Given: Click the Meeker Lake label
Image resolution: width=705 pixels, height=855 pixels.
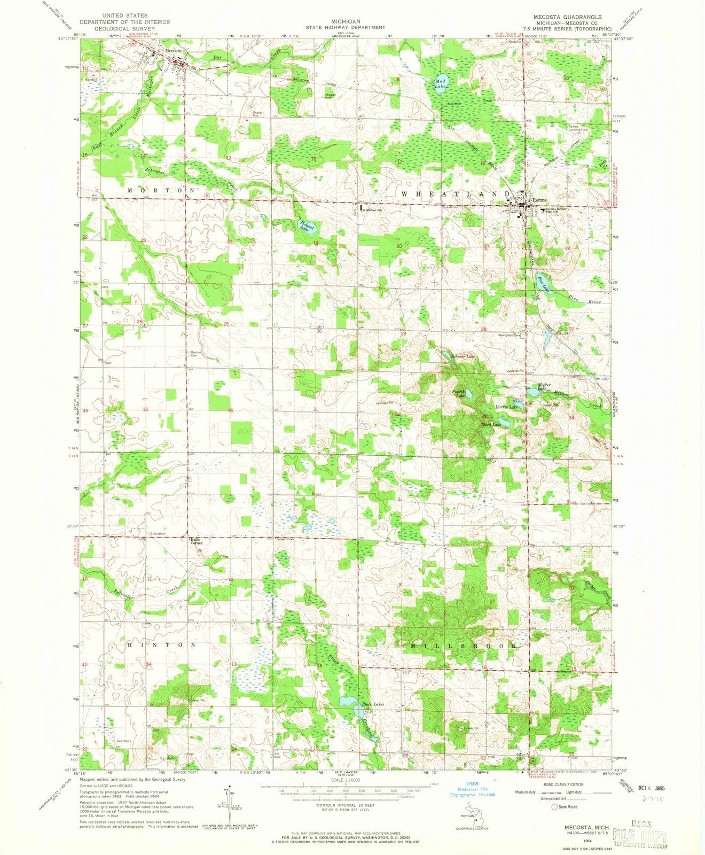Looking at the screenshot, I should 537,387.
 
